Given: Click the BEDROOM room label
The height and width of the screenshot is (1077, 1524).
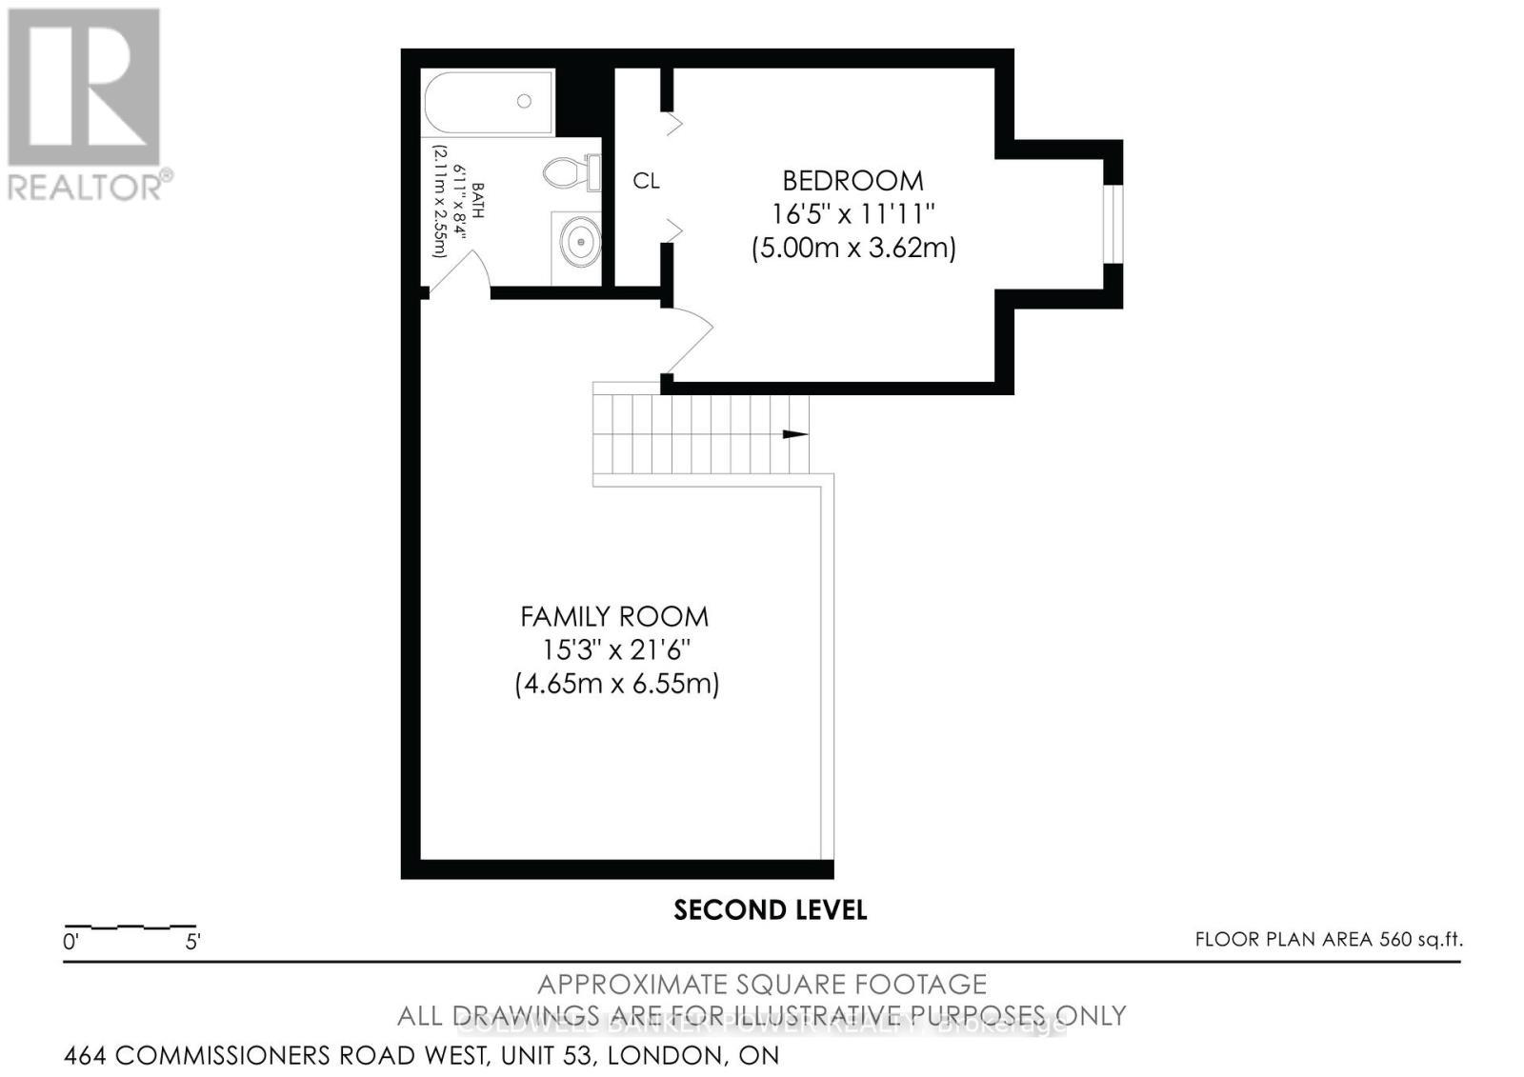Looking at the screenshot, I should pyautogui.click(x=852, y=180).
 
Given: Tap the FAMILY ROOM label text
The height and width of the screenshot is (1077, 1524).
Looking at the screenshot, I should pyautogui.click(x=614, y=616).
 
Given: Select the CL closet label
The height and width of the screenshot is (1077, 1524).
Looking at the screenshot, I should pyautogui.click(x=646, y=181).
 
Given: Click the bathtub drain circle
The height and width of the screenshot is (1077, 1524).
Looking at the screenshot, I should pyautogui.click(x=524, y=101).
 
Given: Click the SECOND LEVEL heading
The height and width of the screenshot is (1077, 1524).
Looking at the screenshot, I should pyautogui.click(x=770, y=910).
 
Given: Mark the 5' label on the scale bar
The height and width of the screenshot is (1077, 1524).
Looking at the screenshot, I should pyautogui.click(x=192, y=944).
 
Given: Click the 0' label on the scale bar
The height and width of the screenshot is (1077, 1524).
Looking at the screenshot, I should pyautogui.click(x=70, y=944).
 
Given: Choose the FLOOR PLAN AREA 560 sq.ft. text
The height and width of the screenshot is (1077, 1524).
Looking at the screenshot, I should pyautogui.click(x=1328, y=940).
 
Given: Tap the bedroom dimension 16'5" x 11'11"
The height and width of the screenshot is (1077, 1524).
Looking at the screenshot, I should pyautogui.click(x=852, y=214).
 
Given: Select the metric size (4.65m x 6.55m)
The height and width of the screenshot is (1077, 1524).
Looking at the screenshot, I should pyautogui.click(x=616, y=684).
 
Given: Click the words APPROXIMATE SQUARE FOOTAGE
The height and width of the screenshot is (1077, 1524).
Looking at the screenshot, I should pyautogui.click(x=762, y=984).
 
